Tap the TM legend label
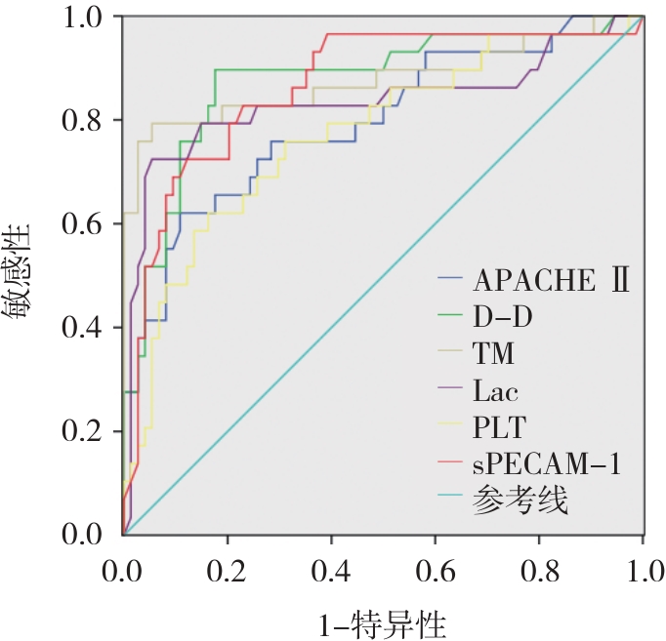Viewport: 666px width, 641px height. [494, 353]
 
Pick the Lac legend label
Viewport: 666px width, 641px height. [496, 391]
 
